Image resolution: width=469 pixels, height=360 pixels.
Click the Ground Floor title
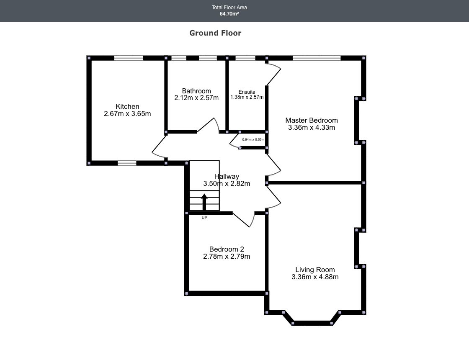click(215, 33)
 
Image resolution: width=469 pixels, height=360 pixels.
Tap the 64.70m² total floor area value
click(229, 14)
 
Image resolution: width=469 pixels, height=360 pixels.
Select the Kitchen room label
click(127, 106)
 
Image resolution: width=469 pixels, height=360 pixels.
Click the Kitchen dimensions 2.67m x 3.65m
click(127, 113)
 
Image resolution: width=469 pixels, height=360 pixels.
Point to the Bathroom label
click(196, 91)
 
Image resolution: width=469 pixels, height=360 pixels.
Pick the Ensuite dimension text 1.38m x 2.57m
click(247, 97)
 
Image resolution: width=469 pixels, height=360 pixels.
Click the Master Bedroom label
click(312, 121)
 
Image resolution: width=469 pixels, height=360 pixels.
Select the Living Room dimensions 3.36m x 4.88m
click(315, 277)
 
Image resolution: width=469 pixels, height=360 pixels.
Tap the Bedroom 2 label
click(227, 249)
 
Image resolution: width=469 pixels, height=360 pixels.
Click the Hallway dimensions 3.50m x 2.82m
click(227, 183)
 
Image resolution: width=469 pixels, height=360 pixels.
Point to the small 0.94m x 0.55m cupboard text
click(253, 139)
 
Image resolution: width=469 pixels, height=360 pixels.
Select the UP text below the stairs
click(204, 218)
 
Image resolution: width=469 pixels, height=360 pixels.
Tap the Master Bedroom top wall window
click(317, 58)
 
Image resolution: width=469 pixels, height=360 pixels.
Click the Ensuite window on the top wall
click(245, 58)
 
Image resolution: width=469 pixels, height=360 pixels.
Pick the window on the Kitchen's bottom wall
click(127, 163)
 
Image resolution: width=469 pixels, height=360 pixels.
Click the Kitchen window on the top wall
click(129, 58)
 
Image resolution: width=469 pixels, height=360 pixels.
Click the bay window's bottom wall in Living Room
click(312, 323)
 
